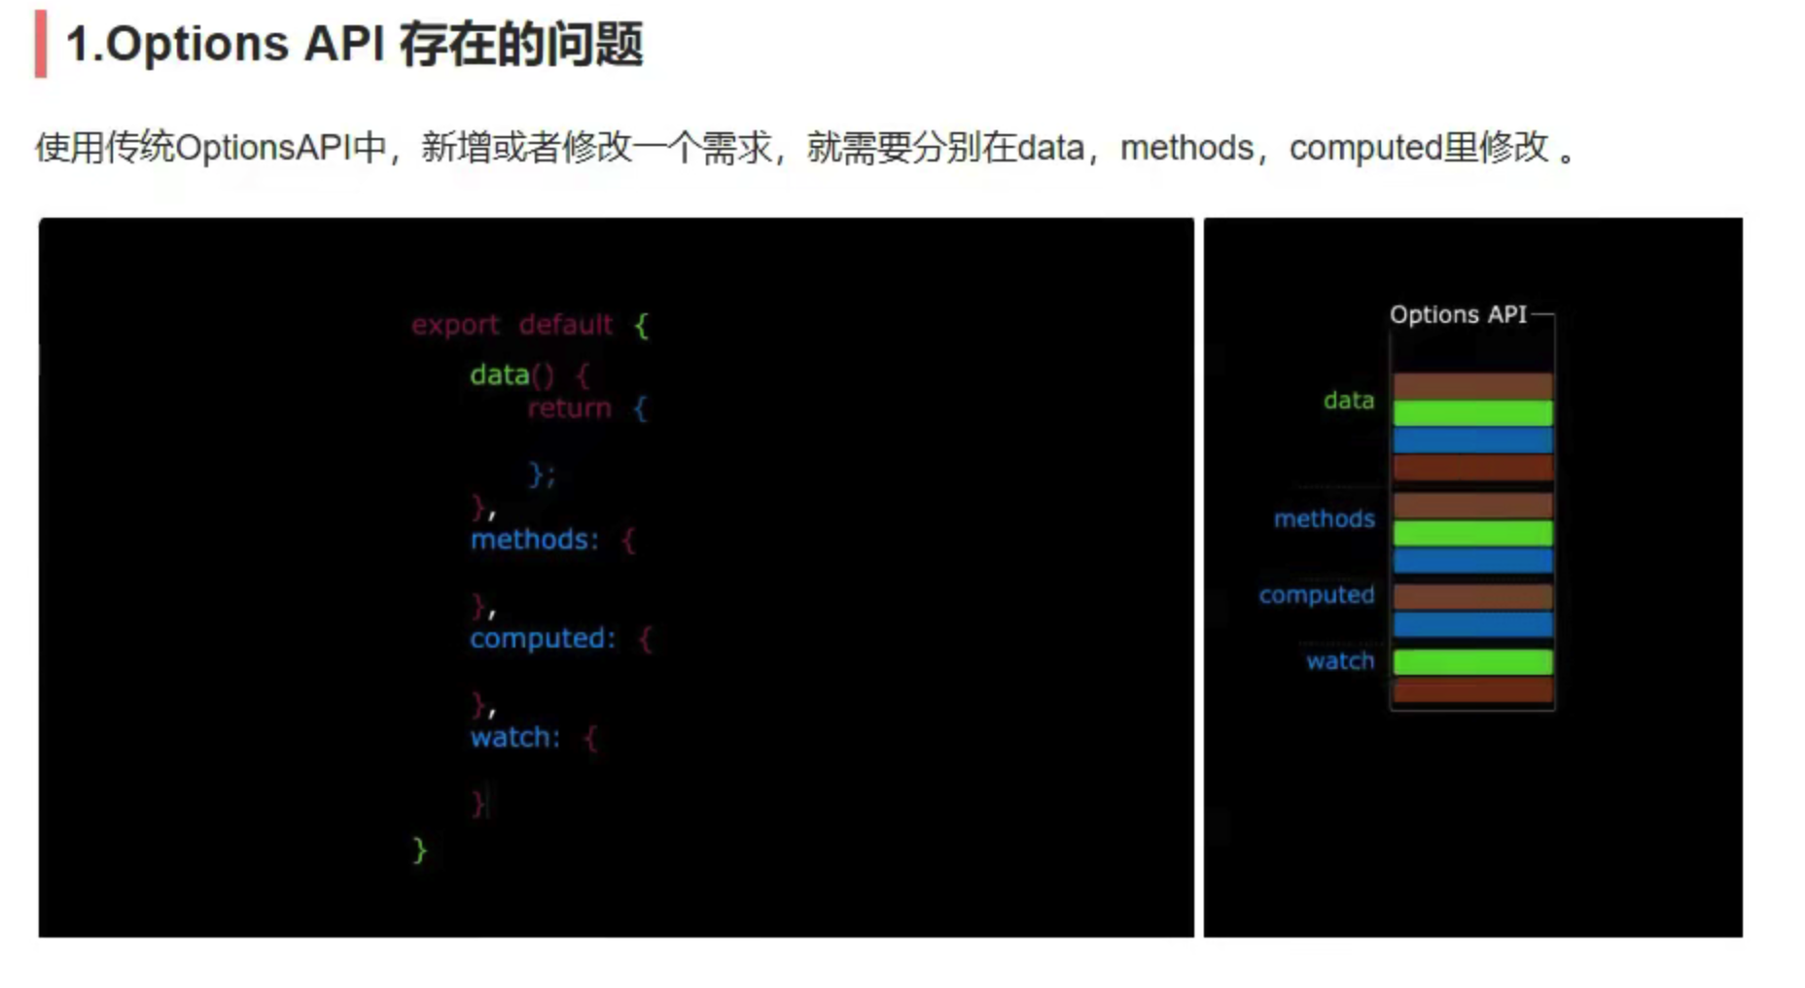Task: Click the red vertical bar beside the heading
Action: (41, 44)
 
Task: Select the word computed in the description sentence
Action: (1365, 148)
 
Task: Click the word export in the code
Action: (454, 325)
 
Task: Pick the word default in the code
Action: (565, 325)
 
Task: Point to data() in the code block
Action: (512, 374)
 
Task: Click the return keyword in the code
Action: (569, 408)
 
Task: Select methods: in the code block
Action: (534, 540)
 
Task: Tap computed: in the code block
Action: (543, 639)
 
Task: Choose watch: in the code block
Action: (515, 738)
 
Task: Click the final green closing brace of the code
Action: (419, 851)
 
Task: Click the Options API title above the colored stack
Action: (1457, 315)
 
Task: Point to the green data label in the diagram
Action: (1348, 401)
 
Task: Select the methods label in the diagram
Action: (1324, 519)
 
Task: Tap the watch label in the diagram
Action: (1339, 661)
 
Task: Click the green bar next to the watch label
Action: (1472, 662)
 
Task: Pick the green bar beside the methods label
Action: (1472, 533)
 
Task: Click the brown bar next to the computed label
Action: (1472, 595)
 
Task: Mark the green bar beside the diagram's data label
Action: (1472, 413)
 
